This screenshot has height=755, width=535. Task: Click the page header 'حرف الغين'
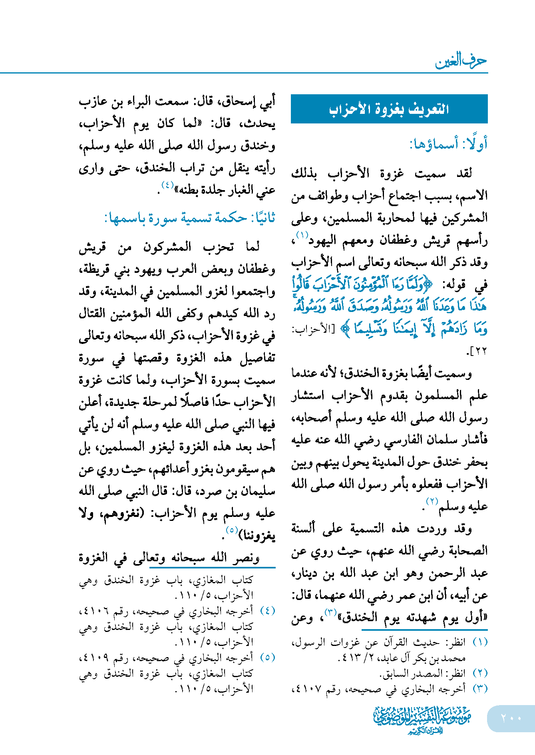[461, 61]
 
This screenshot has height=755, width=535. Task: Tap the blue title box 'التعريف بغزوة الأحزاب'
[389, 109]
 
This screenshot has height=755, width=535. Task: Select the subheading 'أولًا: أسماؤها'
[448, 144]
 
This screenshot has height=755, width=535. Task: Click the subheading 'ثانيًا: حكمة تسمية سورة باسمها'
[190, 218]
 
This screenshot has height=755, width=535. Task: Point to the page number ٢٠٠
[511, 718]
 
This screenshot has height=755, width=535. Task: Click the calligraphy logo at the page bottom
[422, 719]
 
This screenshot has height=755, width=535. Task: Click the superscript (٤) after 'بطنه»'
[167, 185]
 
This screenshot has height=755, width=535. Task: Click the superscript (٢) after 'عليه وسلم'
[432, 501]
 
